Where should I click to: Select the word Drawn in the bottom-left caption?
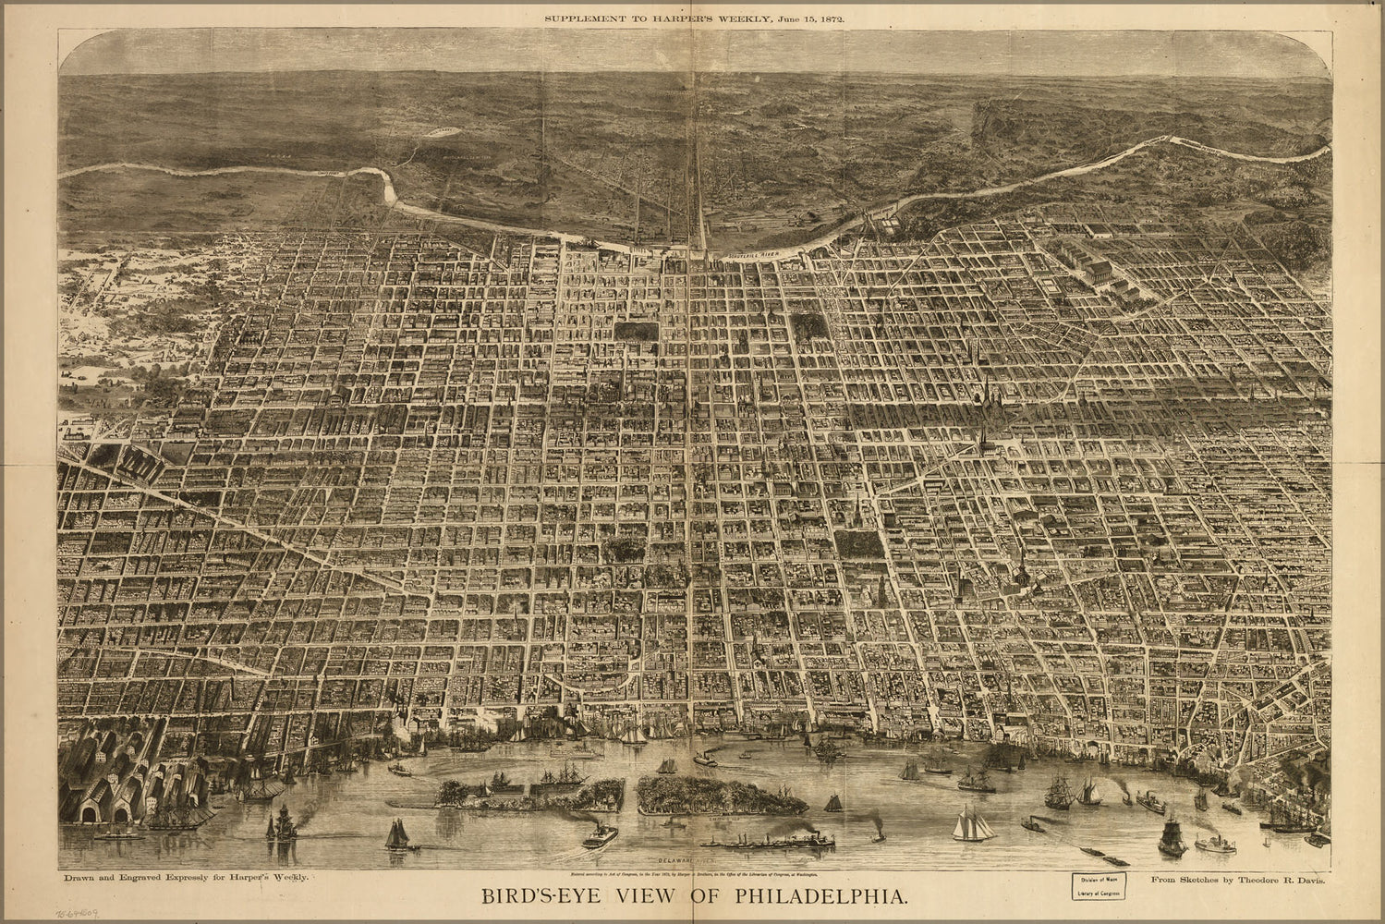pyautogui.click(x=78, y=874)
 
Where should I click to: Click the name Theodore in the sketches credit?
pyautogui.click(x=1249, y=881)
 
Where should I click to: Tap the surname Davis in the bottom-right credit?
pyautogui.click(x=1310, y=881)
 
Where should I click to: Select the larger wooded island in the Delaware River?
pyautogui.click(x=721, y=795)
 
